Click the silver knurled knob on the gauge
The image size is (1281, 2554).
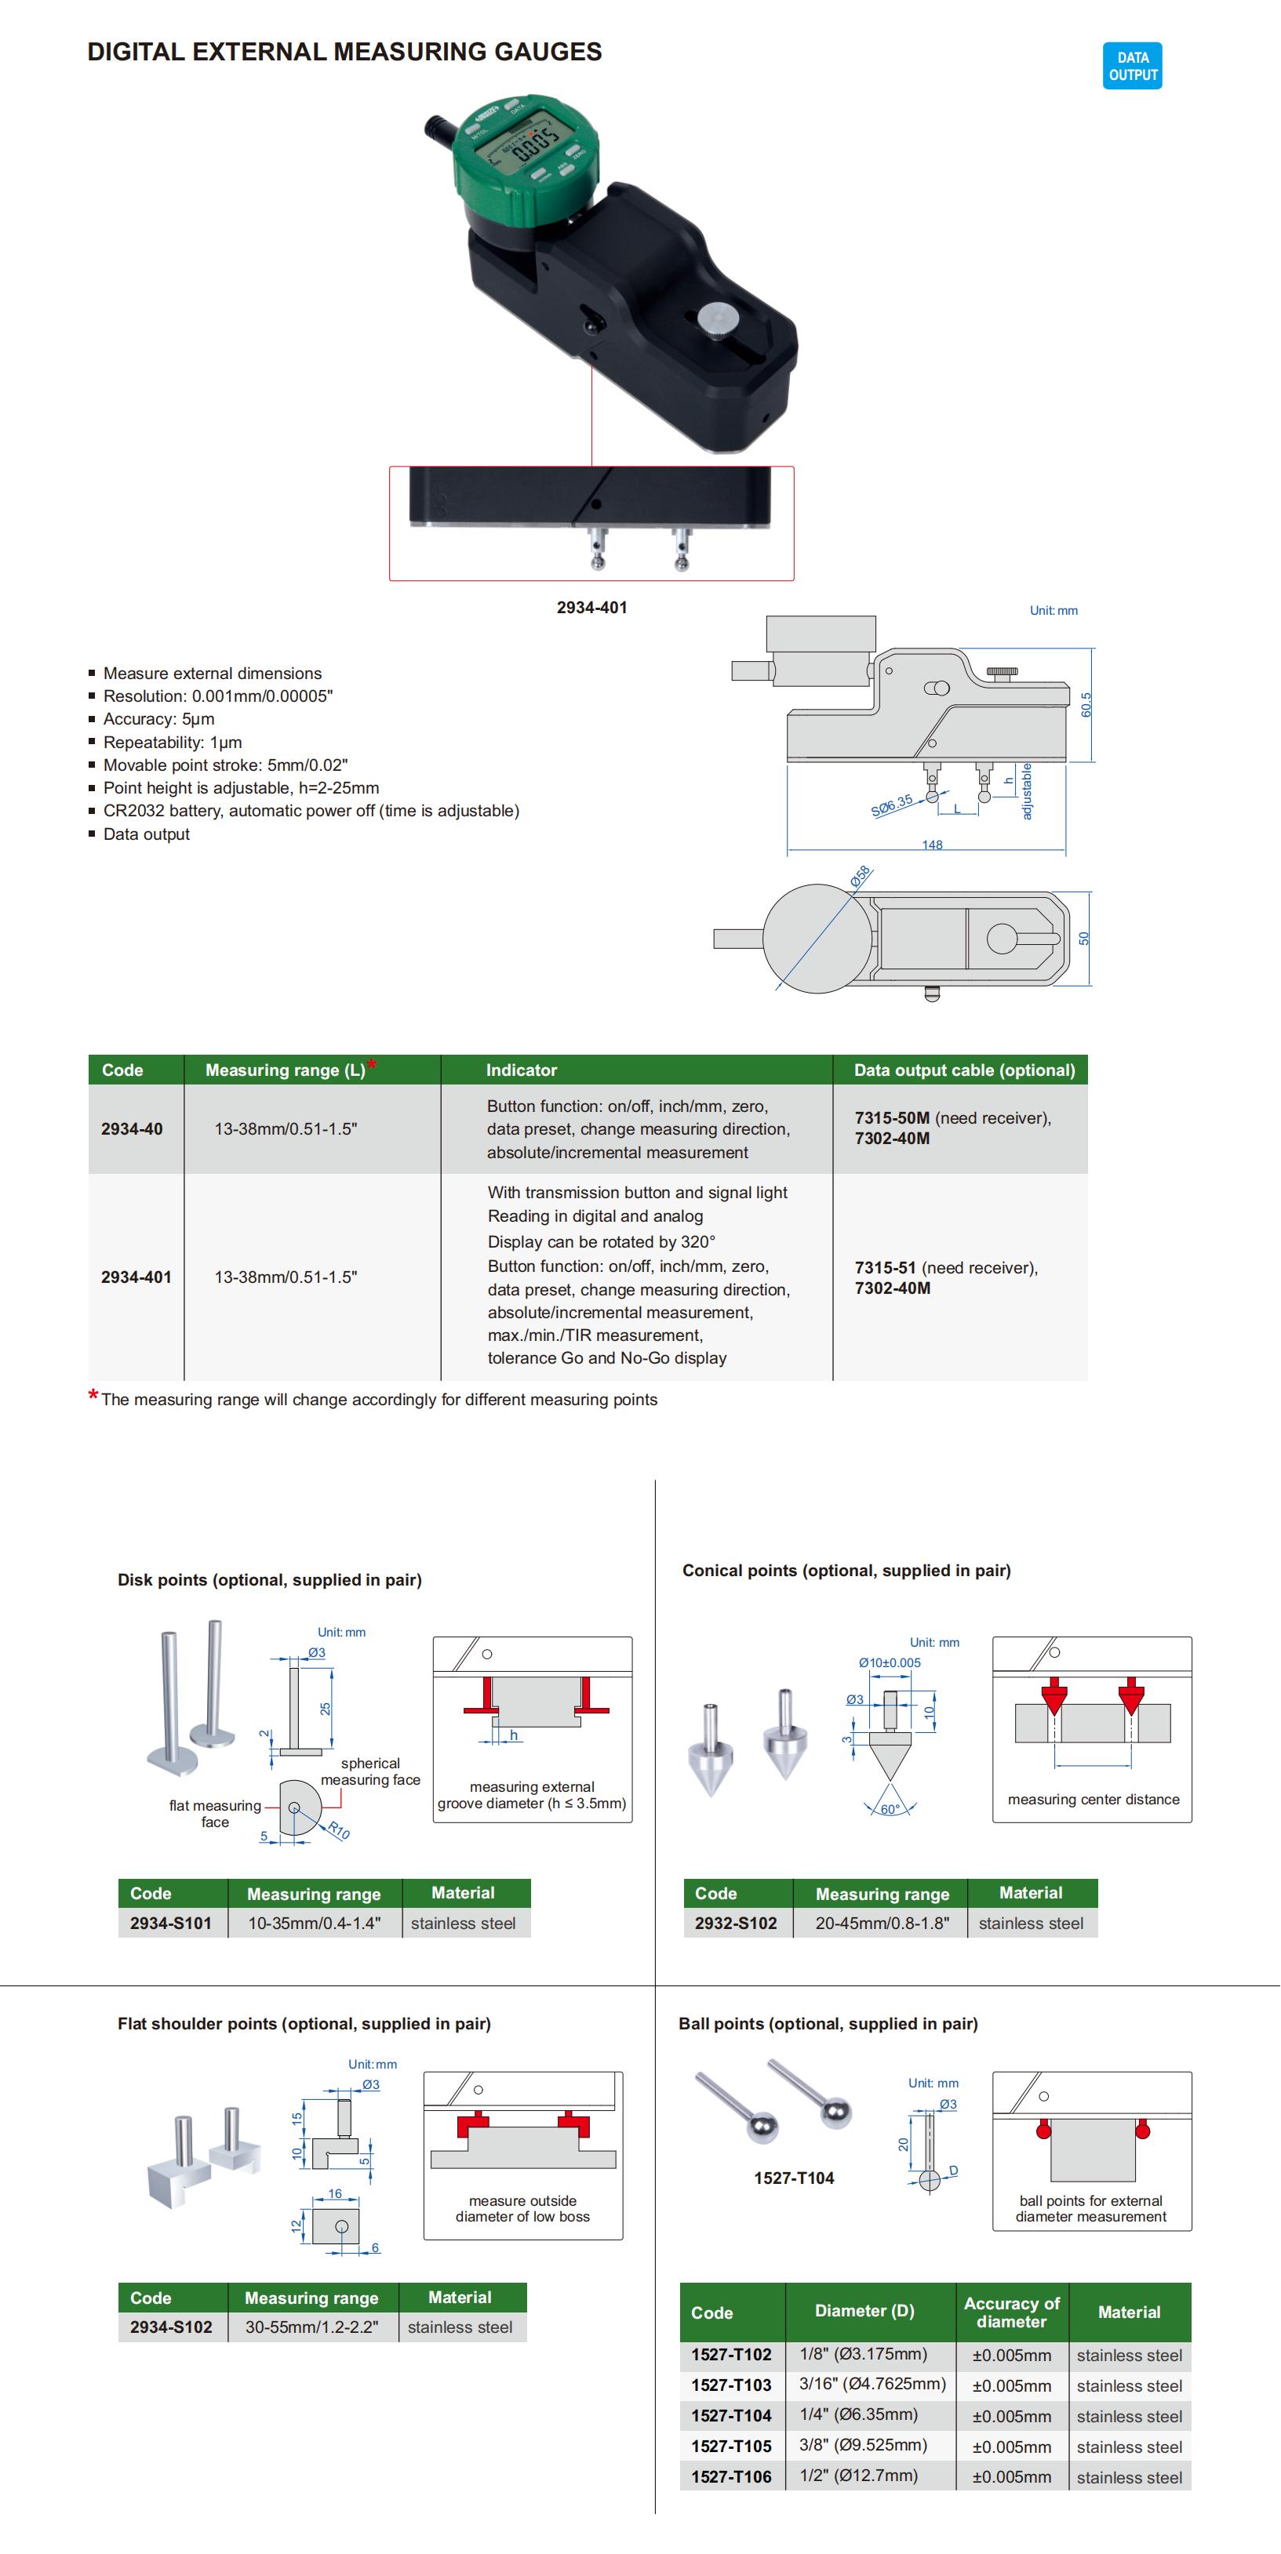[x=717, y=318]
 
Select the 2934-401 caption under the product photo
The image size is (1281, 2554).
[x=592, y=607]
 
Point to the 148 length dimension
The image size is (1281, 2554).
[x=932, y=845]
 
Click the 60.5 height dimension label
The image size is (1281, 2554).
[x=1086, y=704]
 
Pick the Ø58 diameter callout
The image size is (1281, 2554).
[x=860, y=875]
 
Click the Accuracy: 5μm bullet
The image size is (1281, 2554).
[x=158, y=719]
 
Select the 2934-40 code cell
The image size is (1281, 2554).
[x=132, y=1128]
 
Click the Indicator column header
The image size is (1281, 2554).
[x=522, y=1070]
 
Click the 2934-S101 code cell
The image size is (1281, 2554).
[x=170, y=1923]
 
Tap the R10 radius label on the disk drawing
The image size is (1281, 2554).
[x=339, y=1831]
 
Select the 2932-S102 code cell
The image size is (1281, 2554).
[x=736, y=1923]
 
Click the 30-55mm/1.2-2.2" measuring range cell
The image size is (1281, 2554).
[x=312, y=2327]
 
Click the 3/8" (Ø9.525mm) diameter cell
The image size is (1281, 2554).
[x=864, y=2445]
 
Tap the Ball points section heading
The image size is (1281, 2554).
[x=828, y=2024]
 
